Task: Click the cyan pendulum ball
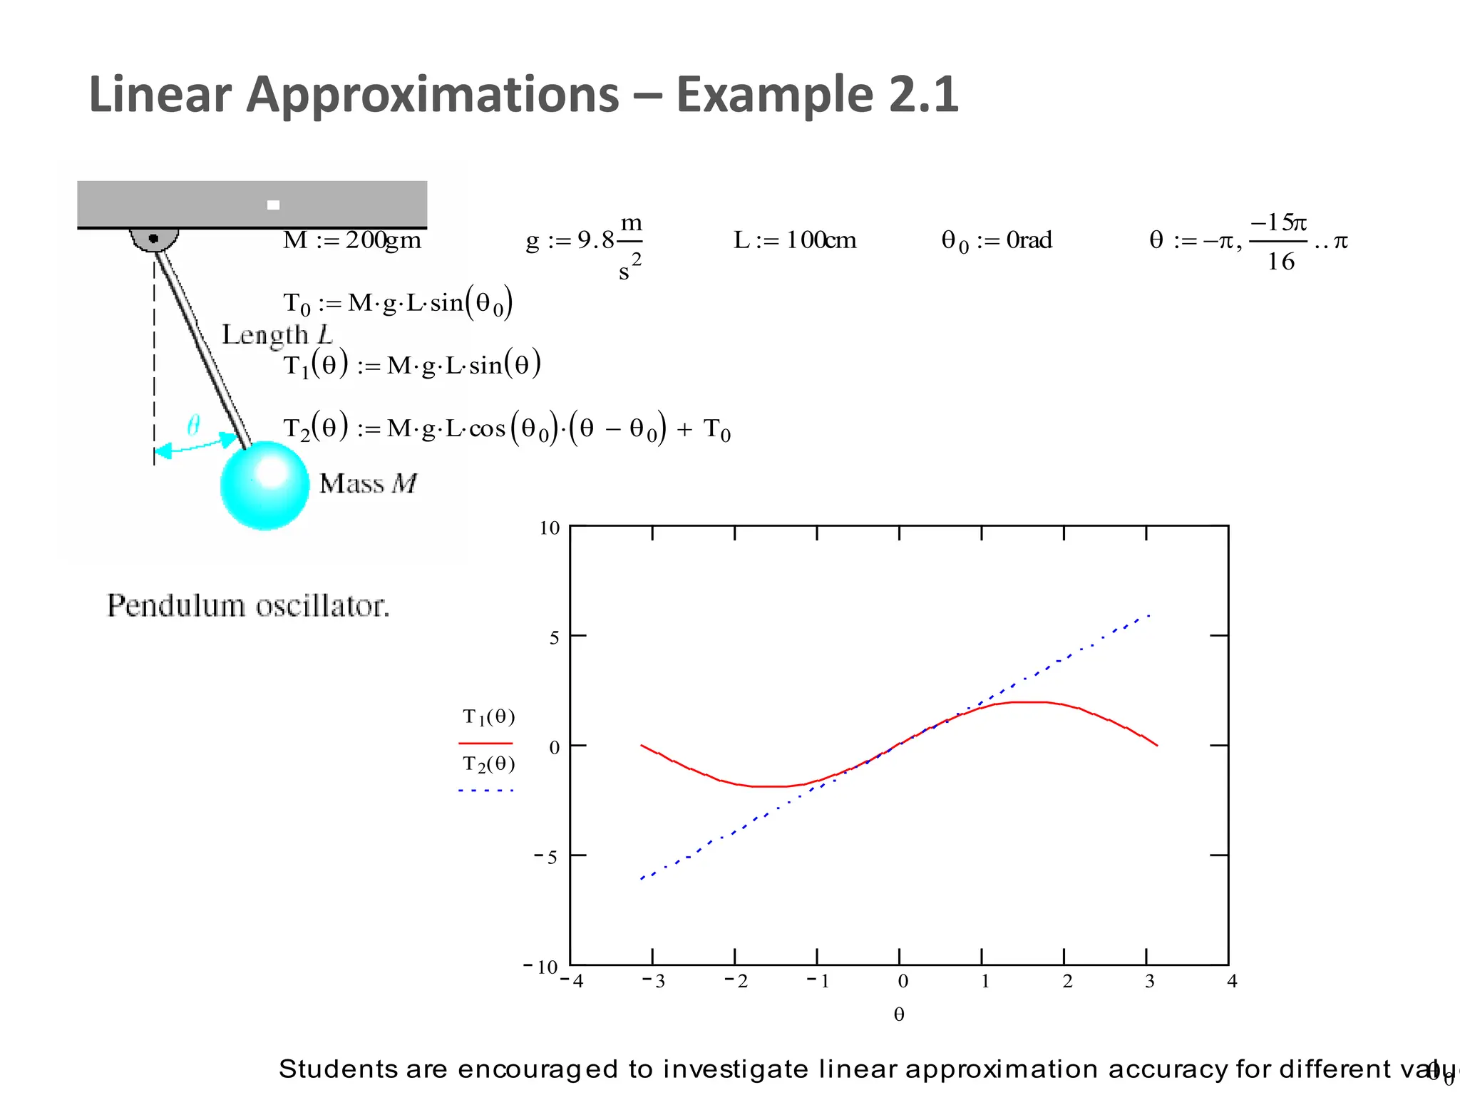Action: tap(264, 485)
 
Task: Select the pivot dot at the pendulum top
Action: tap(153, 238)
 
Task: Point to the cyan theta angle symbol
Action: tap(193, 426)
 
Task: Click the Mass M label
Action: tap(368, 484)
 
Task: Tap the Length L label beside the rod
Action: tap(277, 334)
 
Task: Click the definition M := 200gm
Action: tap(352, 240)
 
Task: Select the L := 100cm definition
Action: tap(795, 240)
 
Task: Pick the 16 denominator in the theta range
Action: tap(1280, 262)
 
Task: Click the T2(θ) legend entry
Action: tap(488, 764)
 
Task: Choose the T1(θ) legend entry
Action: tap(488, 716)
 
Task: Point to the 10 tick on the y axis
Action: tap(550, 528)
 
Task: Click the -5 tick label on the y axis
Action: tap(546, 857)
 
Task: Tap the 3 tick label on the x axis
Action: tap(1150, 982)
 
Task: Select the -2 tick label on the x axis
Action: tap(736, 982)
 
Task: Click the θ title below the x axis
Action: tap(899, 1014)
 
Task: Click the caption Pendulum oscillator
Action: tap(248, 606)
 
